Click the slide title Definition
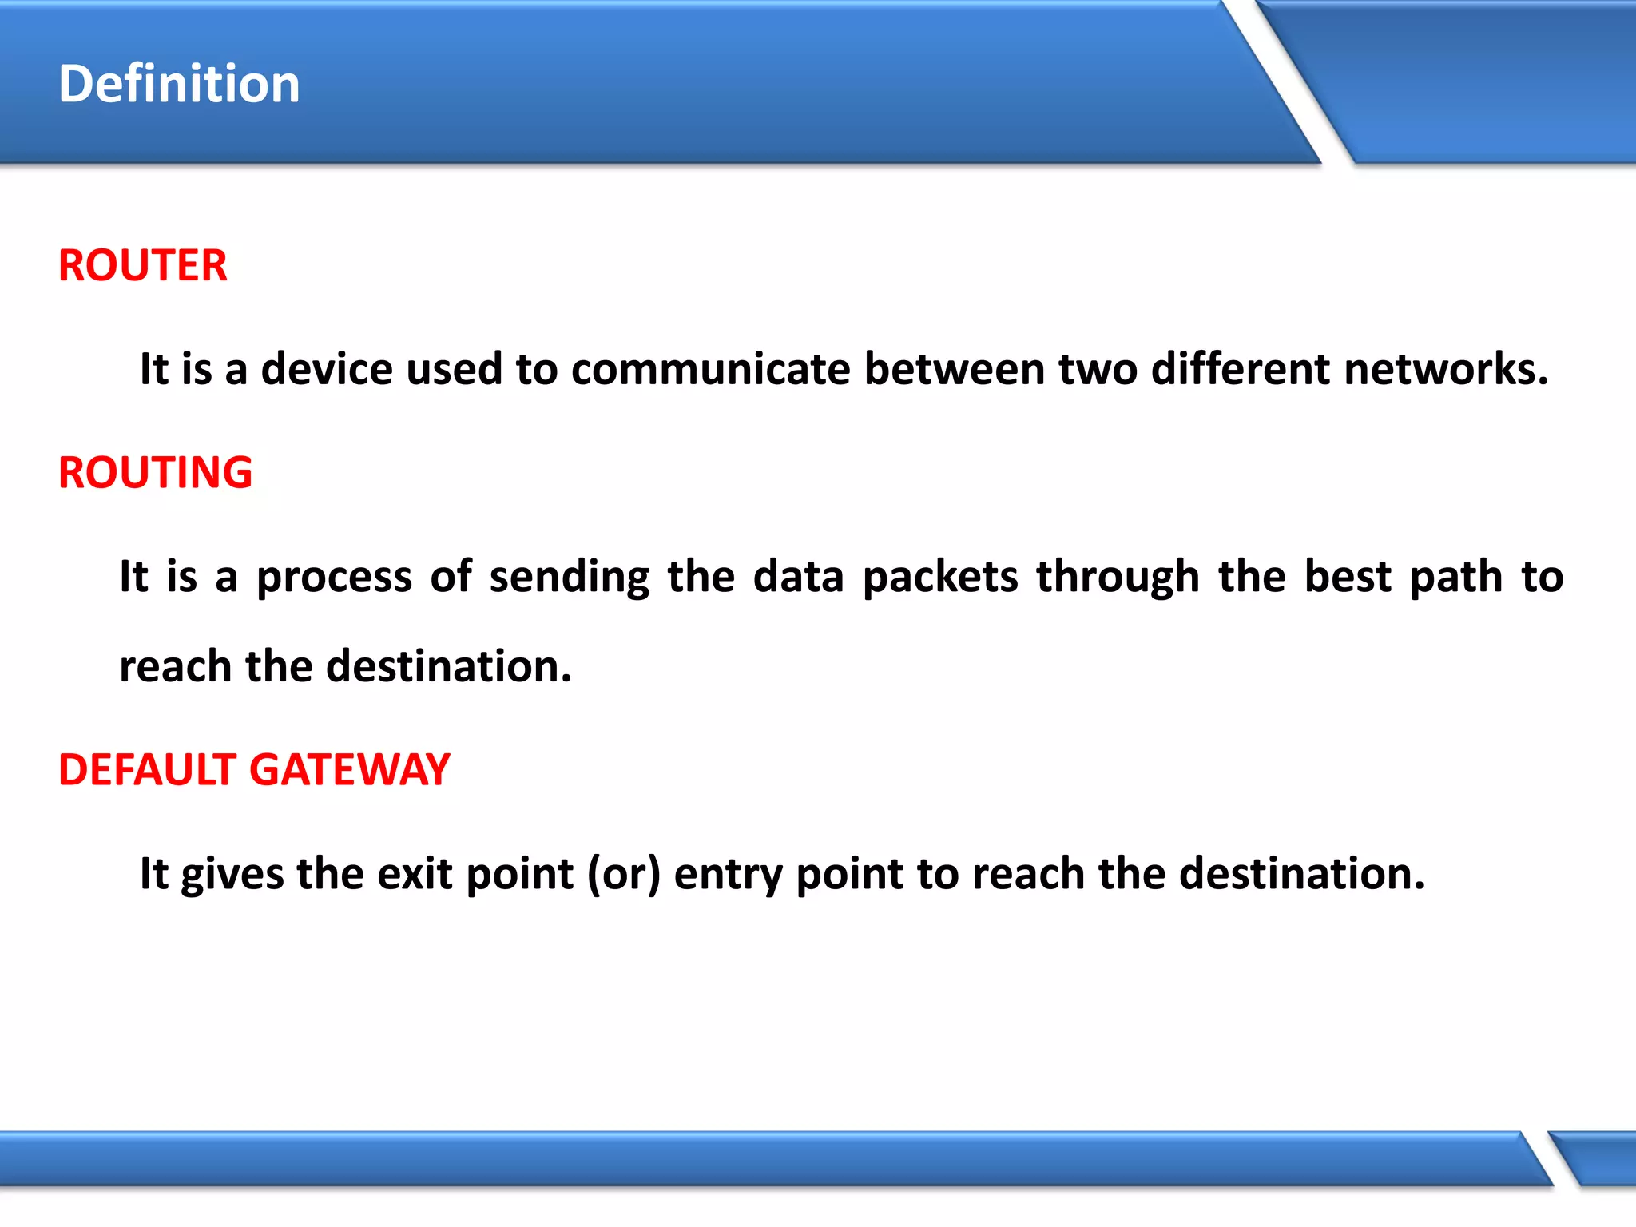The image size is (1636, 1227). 179,84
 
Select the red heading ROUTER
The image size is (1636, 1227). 143,265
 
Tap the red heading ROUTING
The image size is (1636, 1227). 156,472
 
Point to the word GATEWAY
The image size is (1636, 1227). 350,770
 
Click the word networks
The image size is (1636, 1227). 1446,369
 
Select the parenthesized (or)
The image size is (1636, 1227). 624,874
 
